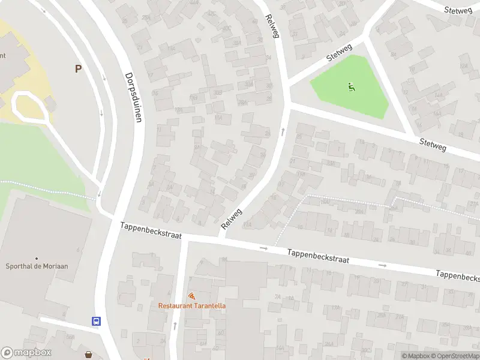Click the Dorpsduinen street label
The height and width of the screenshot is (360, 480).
(x=133, y=98)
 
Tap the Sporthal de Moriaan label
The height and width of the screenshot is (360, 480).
(x=37, y=267)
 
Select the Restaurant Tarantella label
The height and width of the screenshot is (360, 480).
(x=192, y=305)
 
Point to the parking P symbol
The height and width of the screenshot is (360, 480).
(x=78, y=69)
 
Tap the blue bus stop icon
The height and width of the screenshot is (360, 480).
(x=96, y=321)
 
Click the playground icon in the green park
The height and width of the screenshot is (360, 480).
(x=350, y=87)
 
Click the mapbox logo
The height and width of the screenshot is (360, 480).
(x=26, y=353)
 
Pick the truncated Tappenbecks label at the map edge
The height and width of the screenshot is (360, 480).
(x=457, y=276)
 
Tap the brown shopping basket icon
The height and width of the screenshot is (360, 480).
(x=89, y=355)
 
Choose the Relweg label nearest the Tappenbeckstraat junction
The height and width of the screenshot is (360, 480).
(x=232, y=218)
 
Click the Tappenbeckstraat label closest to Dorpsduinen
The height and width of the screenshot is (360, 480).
(x=151, y=230)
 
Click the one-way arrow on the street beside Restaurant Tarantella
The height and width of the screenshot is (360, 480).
(x=175, y=326)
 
